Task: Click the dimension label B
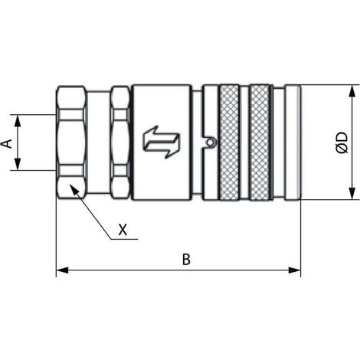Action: (x=186, y=260)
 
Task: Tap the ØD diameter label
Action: (x=342, y=142)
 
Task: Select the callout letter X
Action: (x=123, y=230)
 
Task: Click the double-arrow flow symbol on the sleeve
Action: (x=162, y=142)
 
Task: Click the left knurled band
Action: (x=229, y=142)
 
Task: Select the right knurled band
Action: (x=260, y=142)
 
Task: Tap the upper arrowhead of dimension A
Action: (x=18, y=121)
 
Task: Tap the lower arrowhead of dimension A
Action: (x=18, y=164)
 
